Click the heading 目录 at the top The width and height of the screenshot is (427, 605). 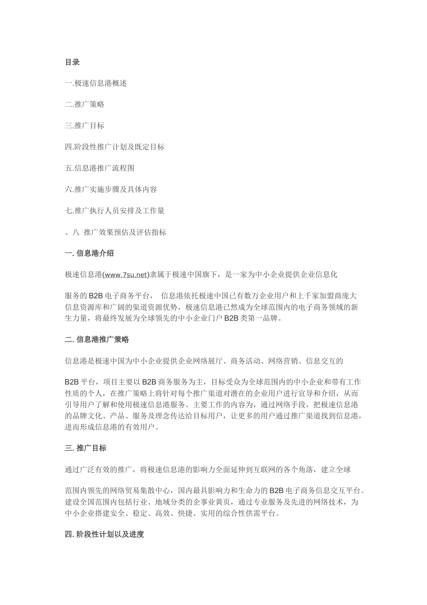(x=72, y=62)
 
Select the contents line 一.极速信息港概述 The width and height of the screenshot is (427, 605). (x=96, y=83)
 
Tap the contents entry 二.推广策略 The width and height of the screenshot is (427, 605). (x=85, y=104)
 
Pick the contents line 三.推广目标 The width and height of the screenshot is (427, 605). (x=85, y=126)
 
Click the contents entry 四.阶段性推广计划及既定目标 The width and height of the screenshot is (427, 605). (x=115, y=147)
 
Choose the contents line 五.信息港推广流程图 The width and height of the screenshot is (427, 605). (x=99, y=168)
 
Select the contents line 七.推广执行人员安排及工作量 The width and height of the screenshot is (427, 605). (x=115, y=210)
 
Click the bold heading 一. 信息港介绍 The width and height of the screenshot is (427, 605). (x=89, y=253)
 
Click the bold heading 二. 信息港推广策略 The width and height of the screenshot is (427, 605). (x=97, y=339)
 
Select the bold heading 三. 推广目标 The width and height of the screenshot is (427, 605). (x=85, y=448)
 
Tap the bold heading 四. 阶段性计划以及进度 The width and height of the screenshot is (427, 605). (x=104, y=534)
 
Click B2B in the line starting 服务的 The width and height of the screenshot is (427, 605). (x=95, y=296)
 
